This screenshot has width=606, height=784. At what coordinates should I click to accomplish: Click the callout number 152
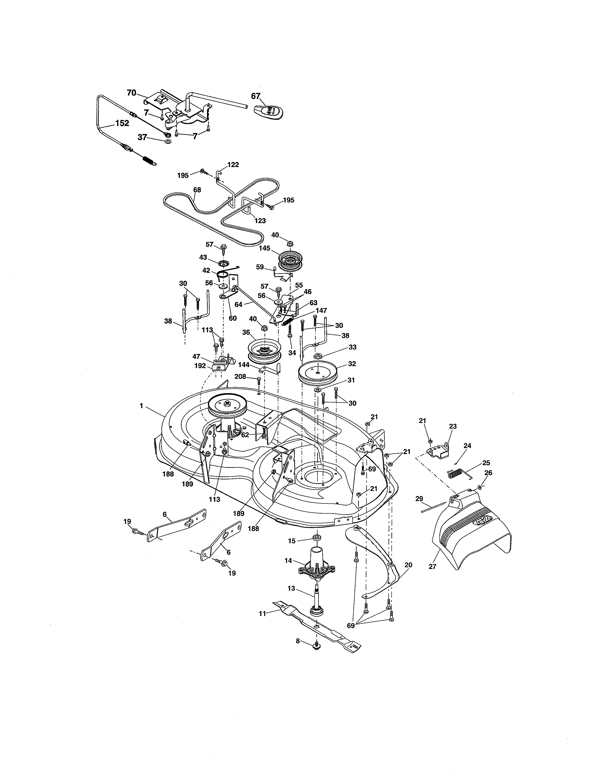coord(122,123)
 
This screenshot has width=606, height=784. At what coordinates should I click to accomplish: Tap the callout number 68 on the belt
coord(197,190)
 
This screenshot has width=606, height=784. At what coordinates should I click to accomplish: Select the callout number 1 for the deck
coord(141,405)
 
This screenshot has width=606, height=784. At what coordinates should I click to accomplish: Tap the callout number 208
coord(240,377)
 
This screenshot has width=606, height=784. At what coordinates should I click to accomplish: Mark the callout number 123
coord(260,220)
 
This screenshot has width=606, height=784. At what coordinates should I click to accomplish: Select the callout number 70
coord(131,93)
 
